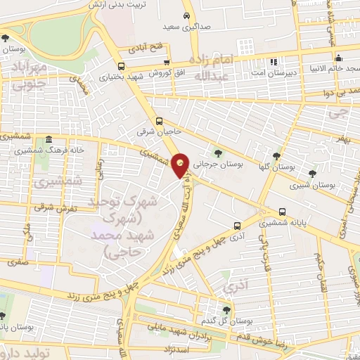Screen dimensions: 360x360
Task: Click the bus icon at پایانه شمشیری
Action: pyautogui.click(x=282, y=211)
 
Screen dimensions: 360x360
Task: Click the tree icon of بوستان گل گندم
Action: pyautogui.click(x=226, y=309)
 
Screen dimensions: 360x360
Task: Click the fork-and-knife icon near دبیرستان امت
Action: pyautogui.click(x=275, y=61)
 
